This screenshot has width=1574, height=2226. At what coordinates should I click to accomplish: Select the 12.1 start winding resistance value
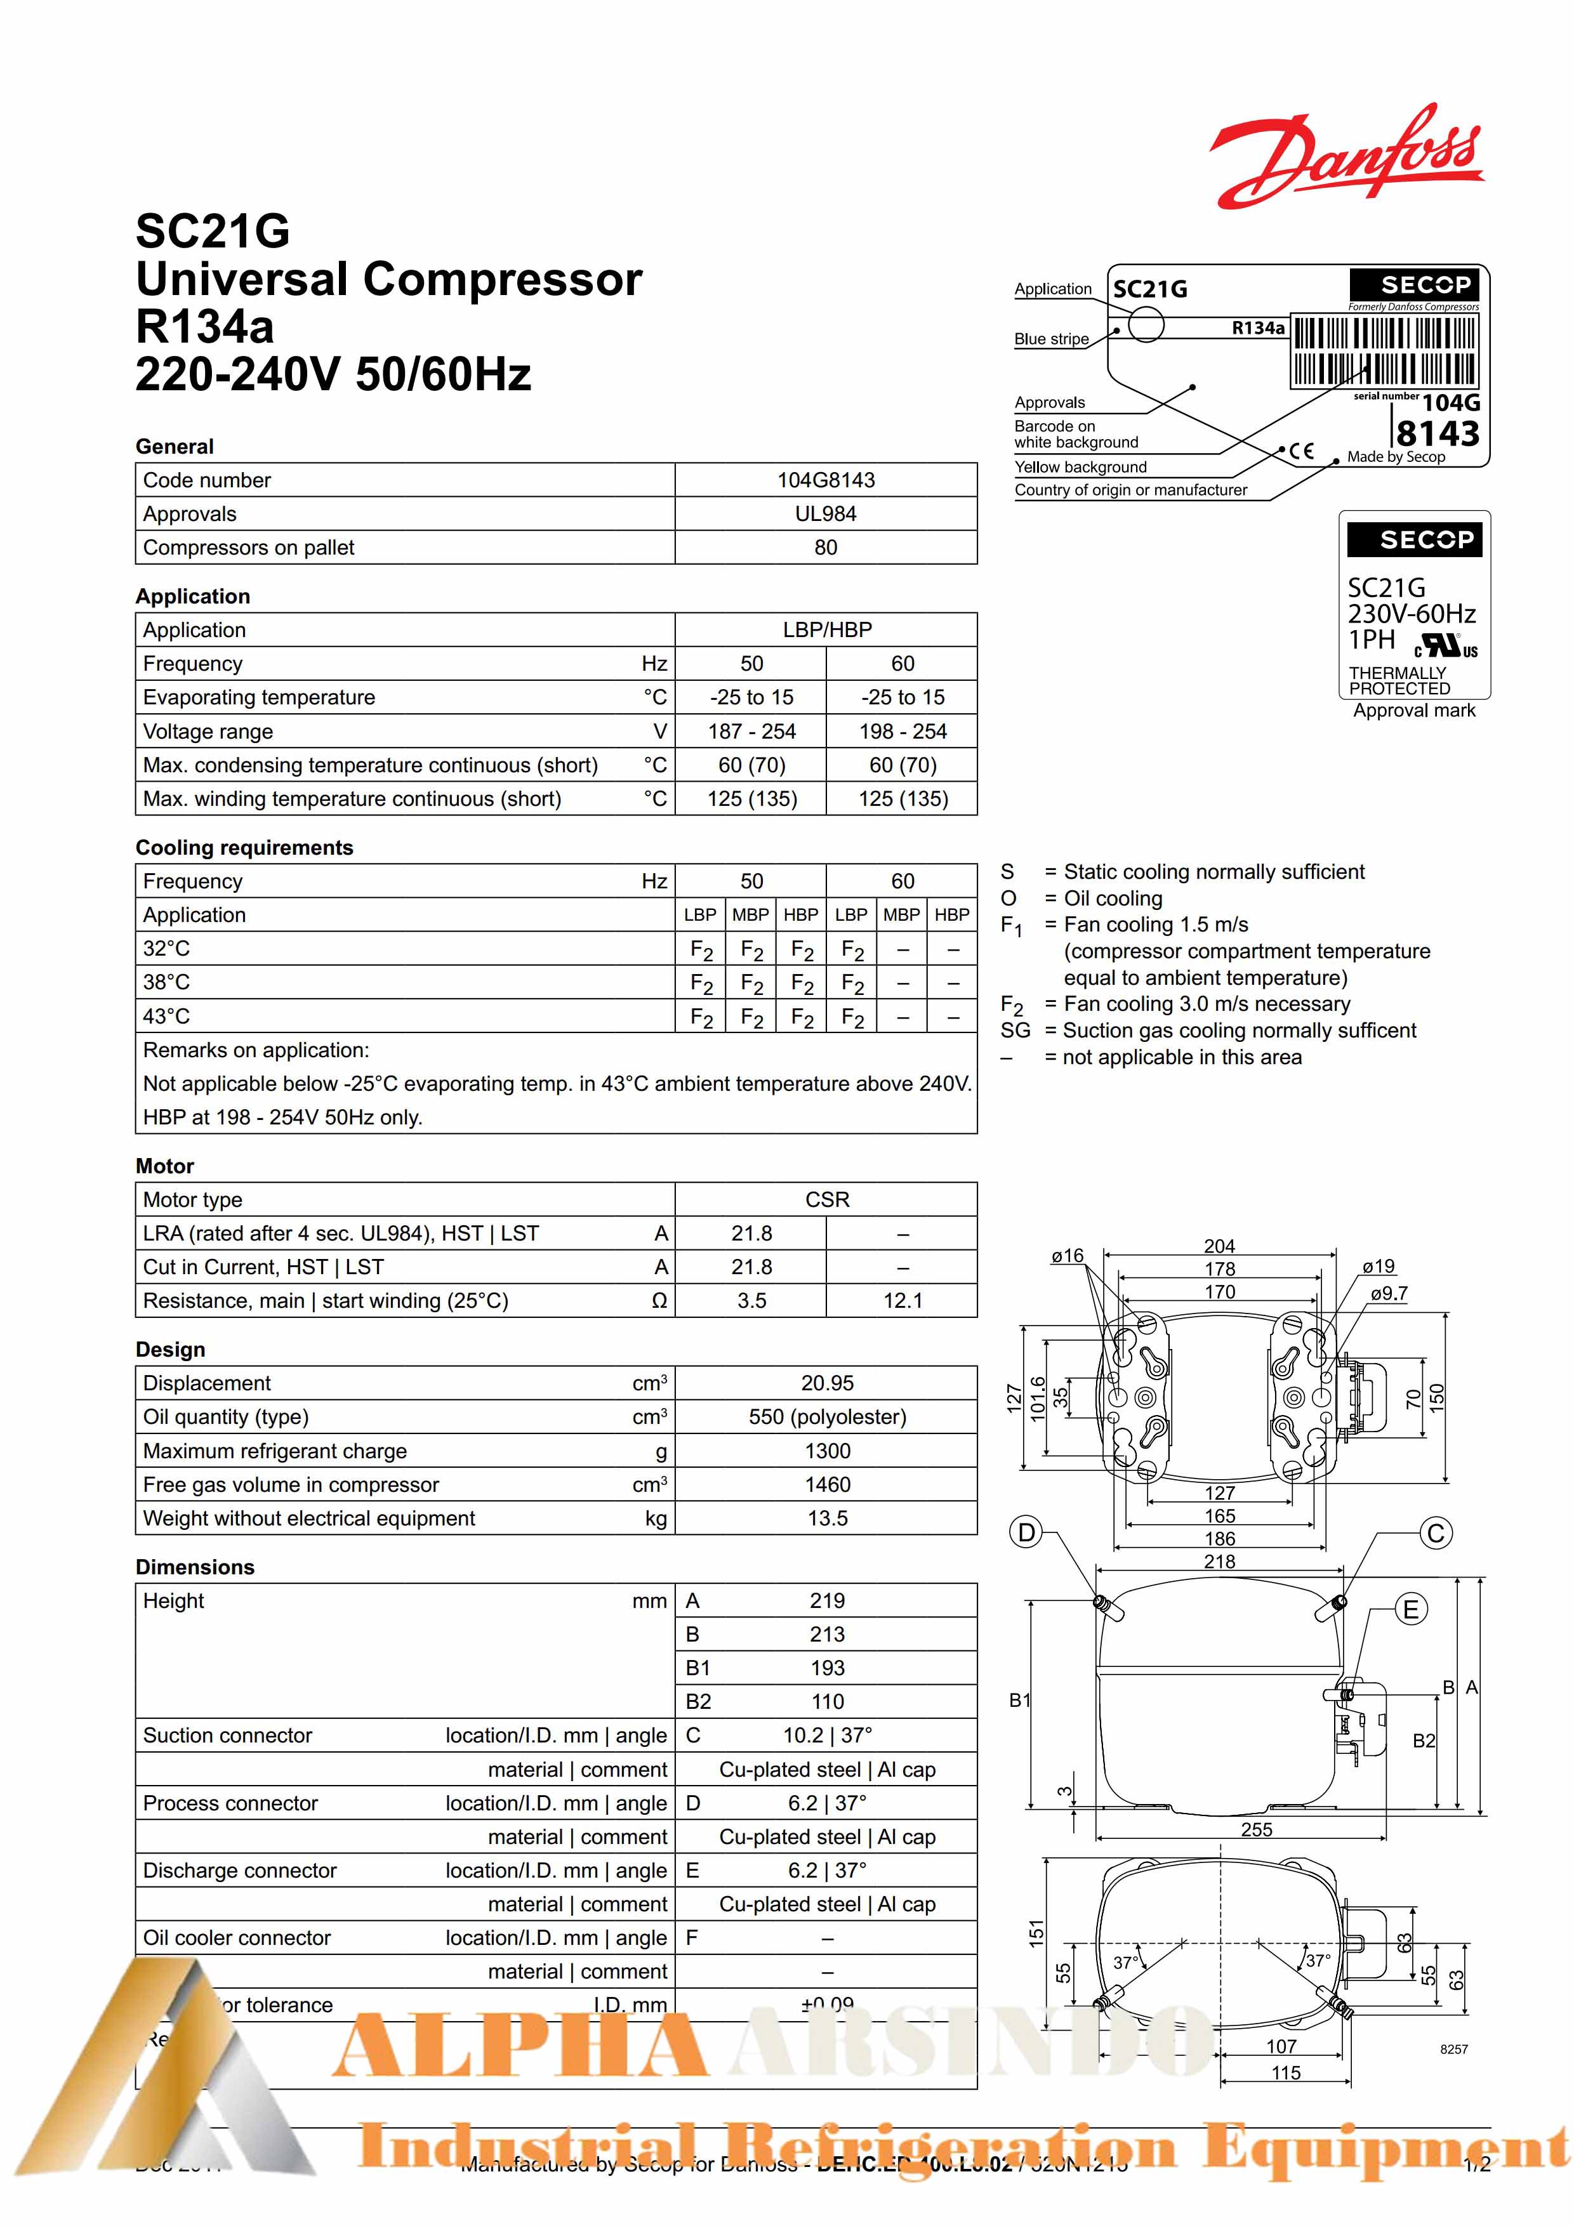[902, 1300]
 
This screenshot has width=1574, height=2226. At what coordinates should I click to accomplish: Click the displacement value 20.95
[826, 1383]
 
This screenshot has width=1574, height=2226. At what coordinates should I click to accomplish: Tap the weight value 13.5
[826, 1518]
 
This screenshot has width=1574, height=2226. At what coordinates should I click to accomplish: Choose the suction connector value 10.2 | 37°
[826, 1735]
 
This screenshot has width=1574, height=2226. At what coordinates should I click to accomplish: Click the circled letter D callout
[1026, 1533]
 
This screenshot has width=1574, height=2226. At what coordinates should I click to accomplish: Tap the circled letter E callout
[1410, 1610]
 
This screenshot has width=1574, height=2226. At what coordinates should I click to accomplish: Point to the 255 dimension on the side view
[1256, 1829]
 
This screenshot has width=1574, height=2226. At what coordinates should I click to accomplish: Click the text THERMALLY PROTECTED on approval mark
[1398, 681]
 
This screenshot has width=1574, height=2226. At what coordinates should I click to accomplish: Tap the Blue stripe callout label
[1051, 339]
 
